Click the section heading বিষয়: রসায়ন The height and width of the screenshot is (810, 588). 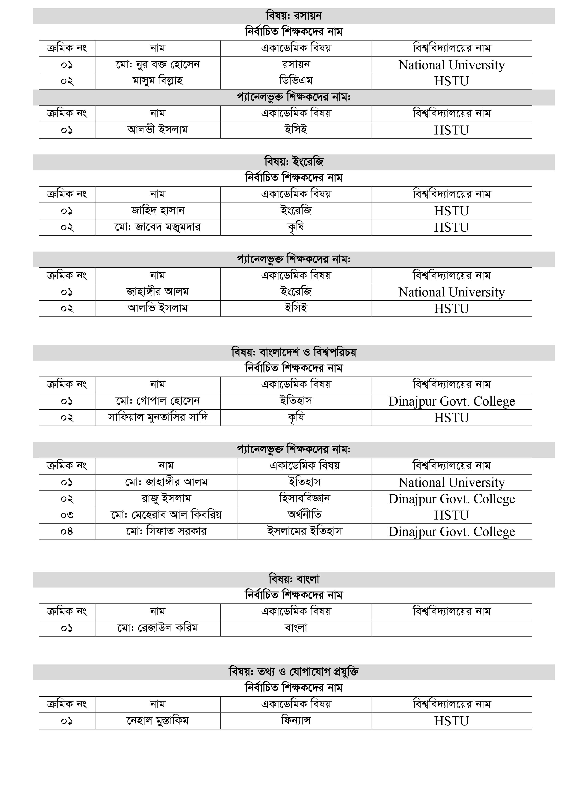pyautogui.click(x=294, y=16)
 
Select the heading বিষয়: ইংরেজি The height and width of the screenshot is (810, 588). pyautogui.click(x=294, y=162)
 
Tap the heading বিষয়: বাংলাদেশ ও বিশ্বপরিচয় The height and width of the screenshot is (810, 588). pyautogui.click(x=294, y=353)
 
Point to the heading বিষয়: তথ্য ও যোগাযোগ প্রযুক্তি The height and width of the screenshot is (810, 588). pyautogui.click(x=294, y=672)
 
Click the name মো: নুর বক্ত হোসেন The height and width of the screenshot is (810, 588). pyautogui.click(x=157, y=65)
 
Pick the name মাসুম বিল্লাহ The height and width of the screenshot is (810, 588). pyautogui.click(x=157, y=81)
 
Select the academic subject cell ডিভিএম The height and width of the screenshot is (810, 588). pyautogui.click(x=296, y=81)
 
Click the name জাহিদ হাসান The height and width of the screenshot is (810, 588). pyautogui.click(x=157, y=211)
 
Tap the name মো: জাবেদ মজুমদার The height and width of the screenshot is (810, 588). pyautogui.click(x=157, y=227)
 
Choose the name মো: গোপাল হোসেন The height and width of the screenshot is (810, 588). pyautogui.click(x=157, y=401)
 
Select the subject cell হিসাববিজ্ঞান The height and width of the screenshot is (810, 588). pyautogui.click(x=305, y=499)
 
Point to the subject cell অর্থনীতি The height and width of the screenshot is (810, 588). pyautogui.click(x=305, y=515)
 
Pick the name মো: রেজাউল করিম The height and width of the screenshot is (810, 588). pyautogui.click(x=157, y=628)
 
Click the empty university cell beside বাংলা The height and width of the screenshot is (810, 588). pyautogui.click(x=452, y=628)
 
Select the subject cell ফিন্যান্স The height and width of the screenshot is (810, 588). pyautogui.click(x=296, y=721)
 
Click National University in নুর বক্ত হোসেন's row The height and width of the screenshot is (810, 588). pyautogui.click(x=452, y=65)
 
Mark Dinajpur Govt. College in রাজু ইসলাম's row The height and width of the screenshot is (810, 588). pyautogui.click(x=452, y=499)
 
